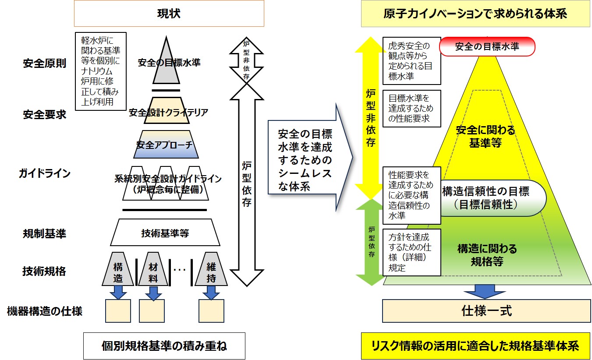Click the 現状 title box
pyautogui.click(x=169, y=14)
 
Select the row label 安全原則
pyautogui.click(x=44, y=63)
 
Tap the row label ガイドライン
pyautogui.click(x=44, y=173)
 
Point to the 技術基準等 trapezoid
pyautogui.click(x=165, y=233)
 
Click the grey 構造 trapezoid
pyautogui.click(x=118, y=268)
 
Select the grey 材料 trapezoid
pyautogui.click(x=152, y=268)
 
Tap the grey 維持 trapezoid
pyautogui.click(x=211, y=268)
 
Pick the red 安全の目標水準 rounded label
pyautogui.click(x=487, y=46)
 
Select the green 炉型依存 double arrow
pyautogui.click(x=371, y=242)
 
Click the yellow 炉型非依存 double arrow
pyautogui.click(x=371, y=118)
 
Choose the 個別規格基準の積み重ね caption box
pyautogui.click(x=164, y=346)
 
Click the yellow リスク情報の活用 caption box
pyautogui.click(x=475, y=346)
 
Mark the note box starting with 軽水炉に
pyautogui.click(x=100, y=71)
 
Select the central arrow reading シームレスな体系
pyautogui.click(x=307, y=160)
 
